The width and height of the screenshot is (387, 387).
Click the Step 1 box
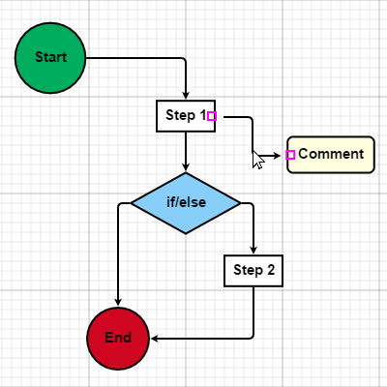(x=185, y=116)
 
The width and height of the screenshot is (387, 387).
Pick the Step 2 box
(x=253, y=271)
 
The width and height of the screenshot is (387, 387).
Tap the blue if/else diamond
(x=185, y=203)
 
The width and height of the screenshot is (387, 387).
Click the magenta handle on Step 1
(x=212, y=116)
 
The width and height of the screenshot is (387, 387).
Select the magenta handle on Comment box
(x=290, y=155)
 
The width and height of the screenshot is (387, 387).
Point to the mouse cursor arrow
(x=256, y=158)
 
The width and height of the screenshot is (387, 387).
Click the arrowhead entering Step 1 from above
(x=185, y=96)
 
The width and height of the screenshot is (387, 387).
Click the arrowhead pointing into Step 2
(x=253, y=251)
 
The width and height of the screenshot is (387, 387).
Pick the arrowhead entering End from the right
(x=155, y=339)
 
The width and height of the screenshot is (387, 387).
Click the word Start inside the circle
(x=51, y=57)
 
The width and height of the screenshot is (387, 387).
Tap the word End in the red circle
(x=117, y=338)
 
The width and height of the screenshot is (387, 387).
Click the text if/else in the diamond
(x=185, y=203)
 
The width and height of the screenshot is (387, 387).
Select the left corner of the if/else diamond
(x=131, y=203)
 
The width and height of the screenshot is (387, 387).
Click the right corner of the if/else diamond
(x=239, y=203)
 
